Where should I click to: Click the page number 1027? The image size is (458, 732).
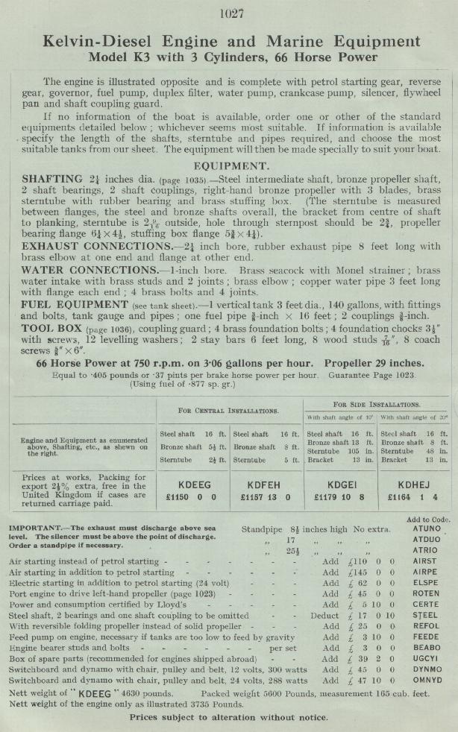click(x=228, y=13)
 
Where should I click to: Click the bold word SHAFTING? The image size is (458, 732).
click(x=52, y=180)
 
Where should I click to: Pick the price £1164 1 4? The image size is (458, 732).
click(x=412, y=496)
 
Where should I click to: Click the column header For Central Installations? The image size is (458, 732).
click(x=228, y=410)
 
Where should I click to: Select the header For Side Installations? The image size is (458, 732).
click(x=376, y=403)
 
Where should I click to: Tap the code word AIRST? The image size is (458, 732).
click(x=425, y=561)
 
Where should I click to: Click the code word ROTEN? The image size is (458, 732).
click(x=426, y=594)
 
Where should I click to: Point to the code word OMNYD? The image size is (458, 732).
click(x=426, y=681)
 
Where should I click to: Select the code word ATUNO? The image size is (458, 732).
click(x=426, y=529)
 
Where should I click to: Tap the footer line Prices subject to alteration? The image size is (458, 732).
click(x=228, y=717)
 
